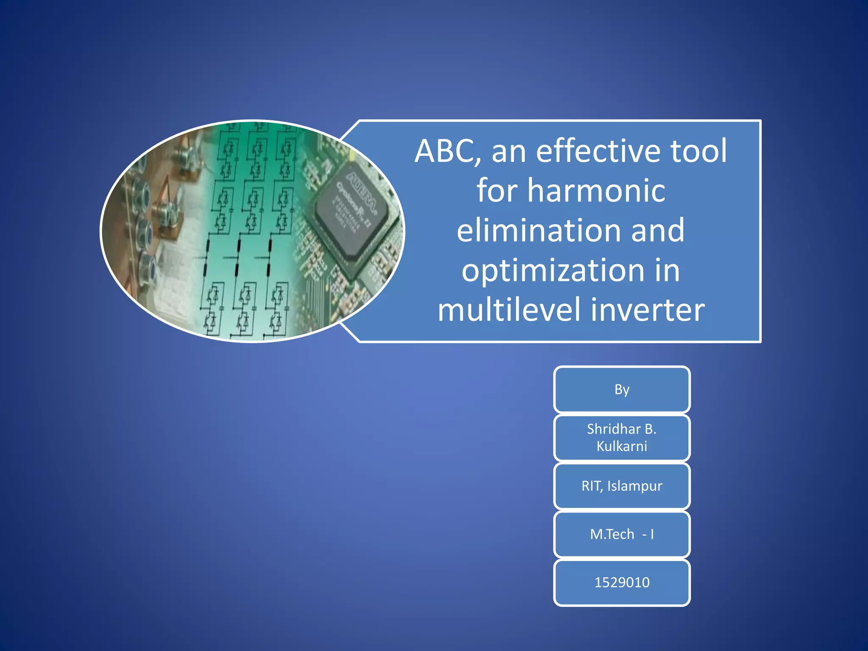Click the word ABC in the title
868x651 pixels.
447,151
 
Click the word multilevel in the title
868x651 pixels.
509,309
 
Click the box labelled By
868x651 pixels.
622,389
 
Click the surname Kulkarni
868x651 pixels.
622,446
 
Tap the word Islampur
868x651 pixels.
634,486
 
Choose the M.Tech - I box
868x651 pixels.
622,534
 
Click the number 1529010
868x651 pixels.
622,582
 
